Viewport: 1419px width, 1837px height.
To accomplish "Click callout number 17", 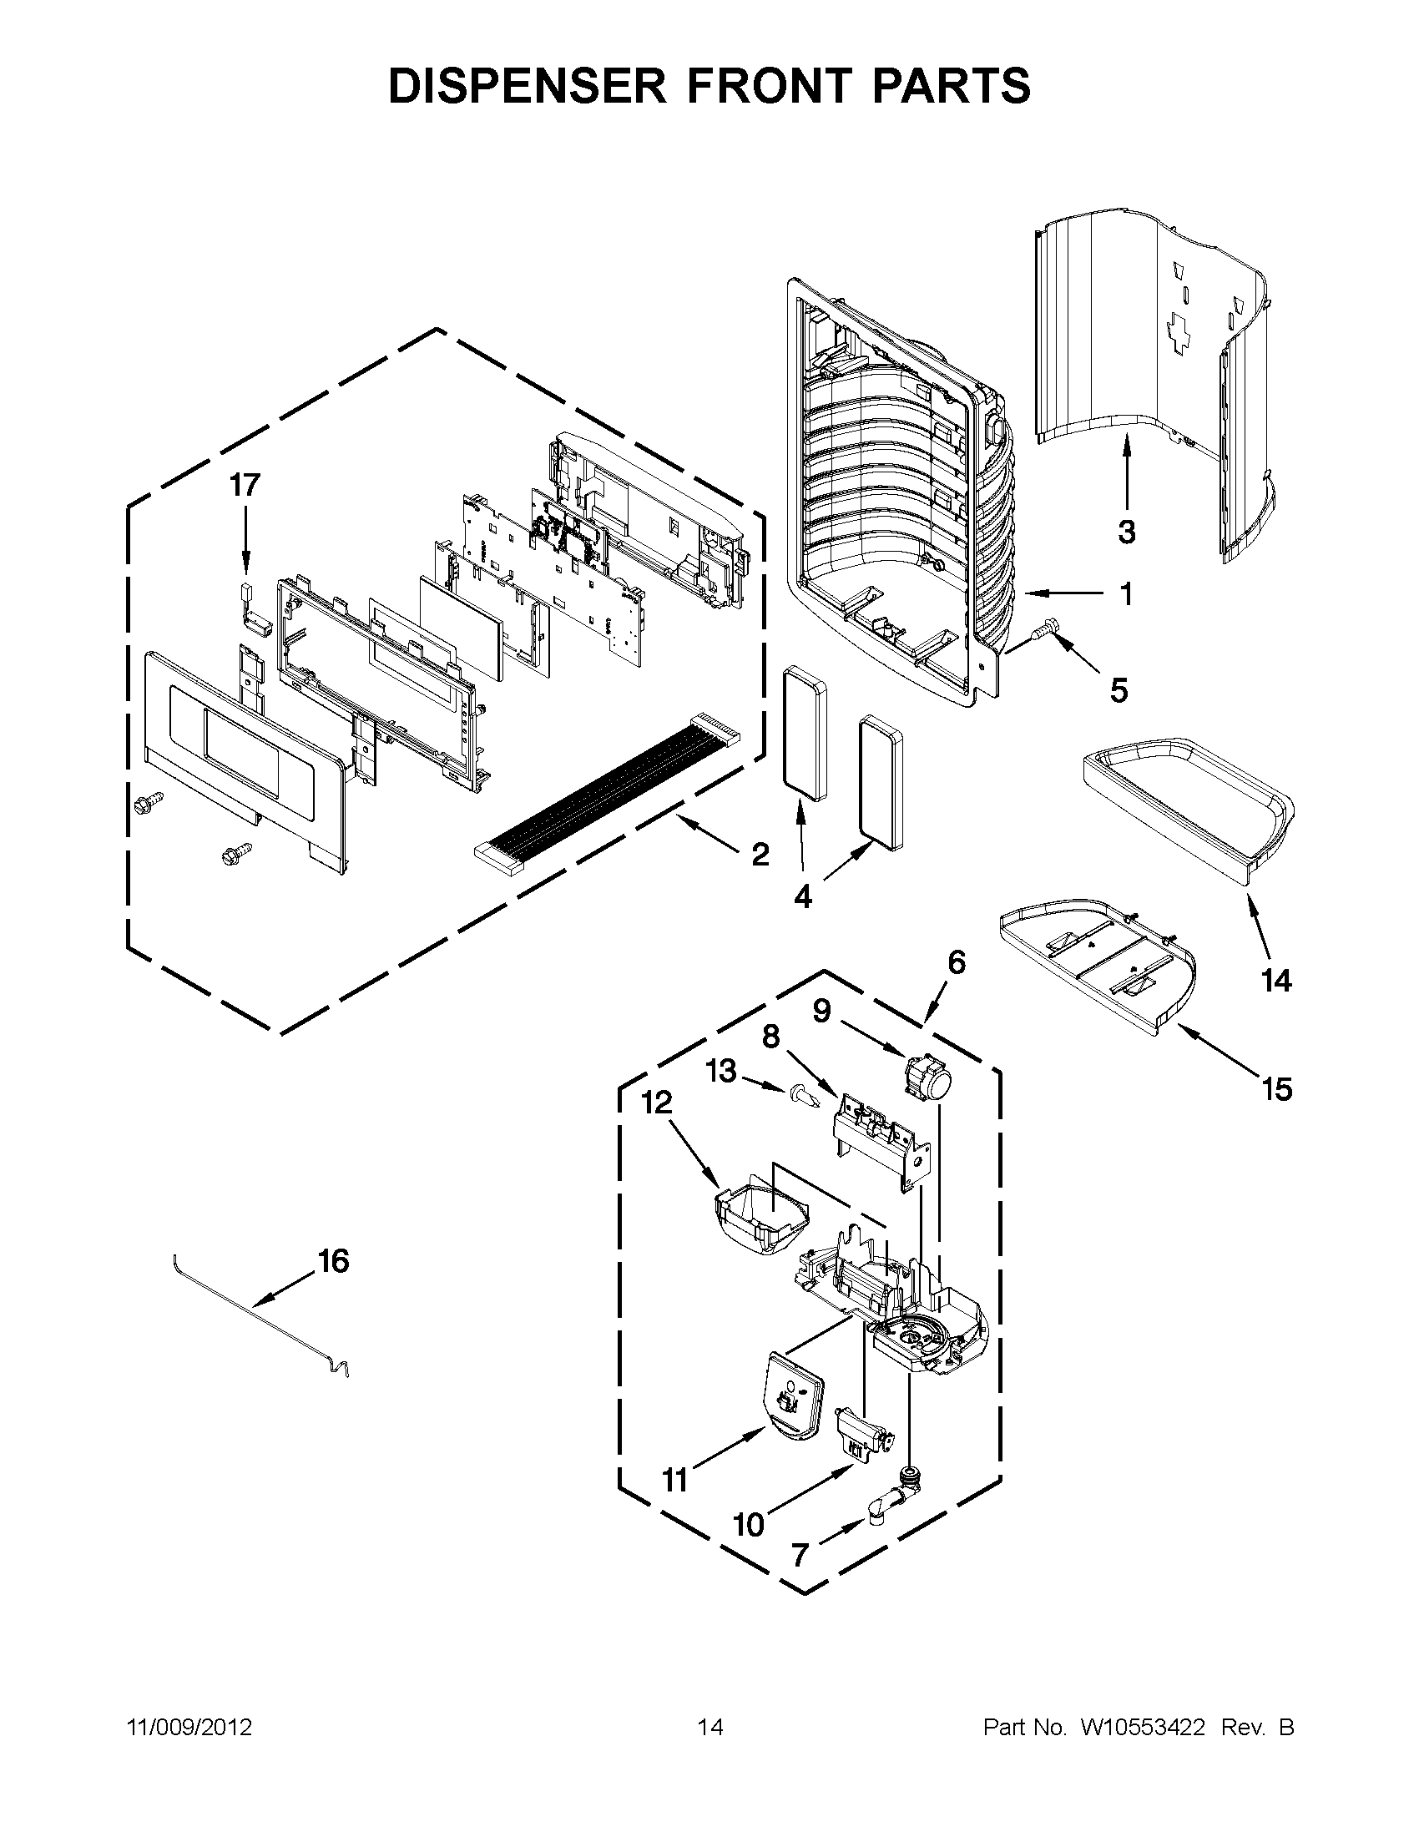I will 245,485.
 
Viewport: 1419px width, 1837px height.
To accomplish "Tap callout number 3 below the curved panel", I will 1127,532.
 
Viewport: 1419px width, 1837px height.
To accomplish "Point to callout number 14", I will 1276,981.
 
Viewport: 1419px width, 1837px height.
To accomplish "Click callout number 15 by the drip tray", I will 1276,1089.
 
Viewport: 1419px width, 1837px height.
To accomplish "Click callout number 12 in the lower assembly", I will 657,1103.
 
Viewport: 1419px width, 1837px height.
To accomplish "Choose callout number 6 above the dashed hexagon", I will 957,962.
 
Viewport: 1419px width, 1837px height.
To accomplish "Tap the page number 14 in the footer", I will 710,1728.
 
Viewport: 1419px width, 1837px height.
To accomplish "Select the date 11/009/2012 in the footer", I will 189,1728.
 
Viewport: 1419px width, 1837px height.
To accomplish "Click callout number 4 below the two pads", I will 802,898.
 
